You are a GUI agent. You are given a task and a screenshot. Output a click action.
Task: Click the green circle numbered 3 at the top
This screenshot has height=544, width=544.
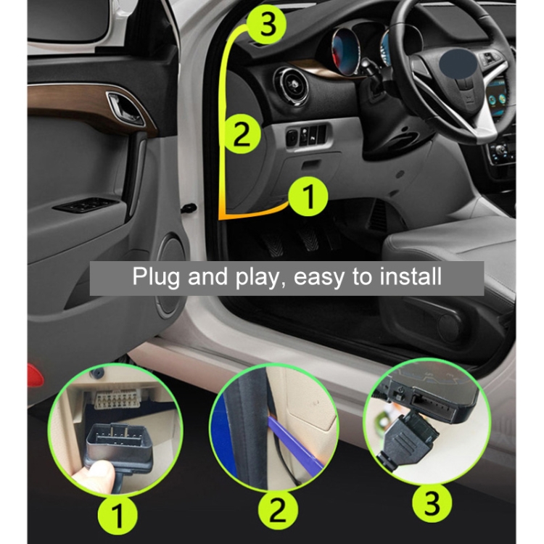click(x=267, y=25)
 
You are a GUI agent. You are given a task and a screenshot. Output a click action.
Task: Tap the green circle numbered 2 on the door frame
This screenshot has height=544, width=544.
click(x=242, y=134)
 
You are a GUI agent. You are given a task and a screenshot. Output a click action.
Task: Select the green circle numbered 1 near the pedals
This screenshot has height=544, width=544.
click(x=308, y=197)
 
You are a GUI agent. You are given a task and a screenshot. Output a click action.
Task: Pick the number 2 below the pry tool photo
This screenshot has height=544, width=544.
click(x=278, y=510)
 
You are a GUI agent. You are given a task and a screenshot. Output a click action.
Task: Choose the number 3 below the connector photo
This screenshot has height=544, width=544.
click(x=432, y=503)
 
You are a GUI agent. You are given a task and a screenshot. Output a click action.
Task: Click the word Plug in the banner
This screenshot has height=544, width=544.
click(x=156, y=277)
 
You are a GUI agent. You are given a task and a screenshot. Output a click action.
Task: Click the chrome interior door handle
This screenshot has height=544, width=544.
click(x=125, y=108)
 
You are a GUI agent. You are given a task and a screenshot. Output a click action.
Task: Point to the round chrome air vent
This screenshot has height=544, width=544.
click(x=291, y=86)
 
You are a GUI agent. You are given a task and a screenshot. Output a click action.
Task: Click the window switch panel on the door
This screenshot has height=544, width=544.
click(x=86, y=205)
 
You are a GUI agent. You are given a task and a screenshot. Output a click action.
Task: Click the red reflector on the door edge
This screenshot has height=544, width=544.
click(x=36, y=376)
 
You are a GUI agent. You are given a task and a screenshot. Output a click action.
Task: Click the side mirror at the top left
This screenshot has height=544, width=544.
click(x=69, y=20)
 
